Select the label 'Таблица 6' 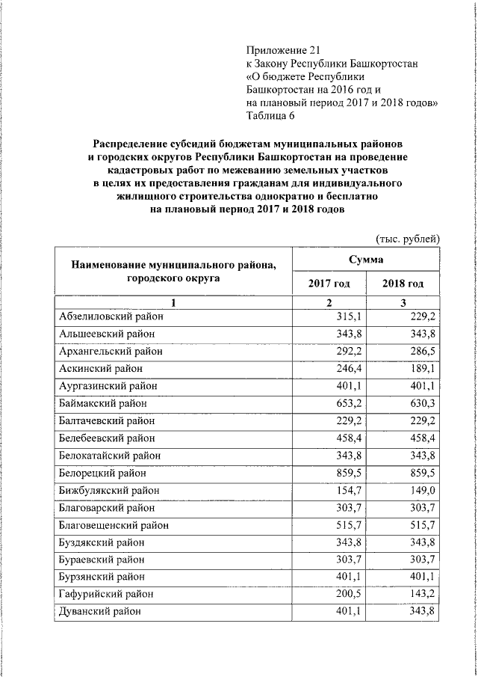271,115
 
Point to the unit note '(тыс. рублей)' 407,238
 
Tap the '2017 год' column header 329,284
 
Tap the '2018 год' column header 403,284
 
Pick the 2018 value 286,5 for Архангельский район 422,351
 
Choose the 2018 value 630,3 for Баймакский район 422,403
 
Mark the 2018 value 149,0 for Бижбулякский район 422,491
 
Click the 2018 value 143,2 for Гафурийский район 422,595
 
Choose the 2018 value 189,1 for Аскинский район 422,369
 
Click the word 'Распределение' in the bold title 132,143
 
